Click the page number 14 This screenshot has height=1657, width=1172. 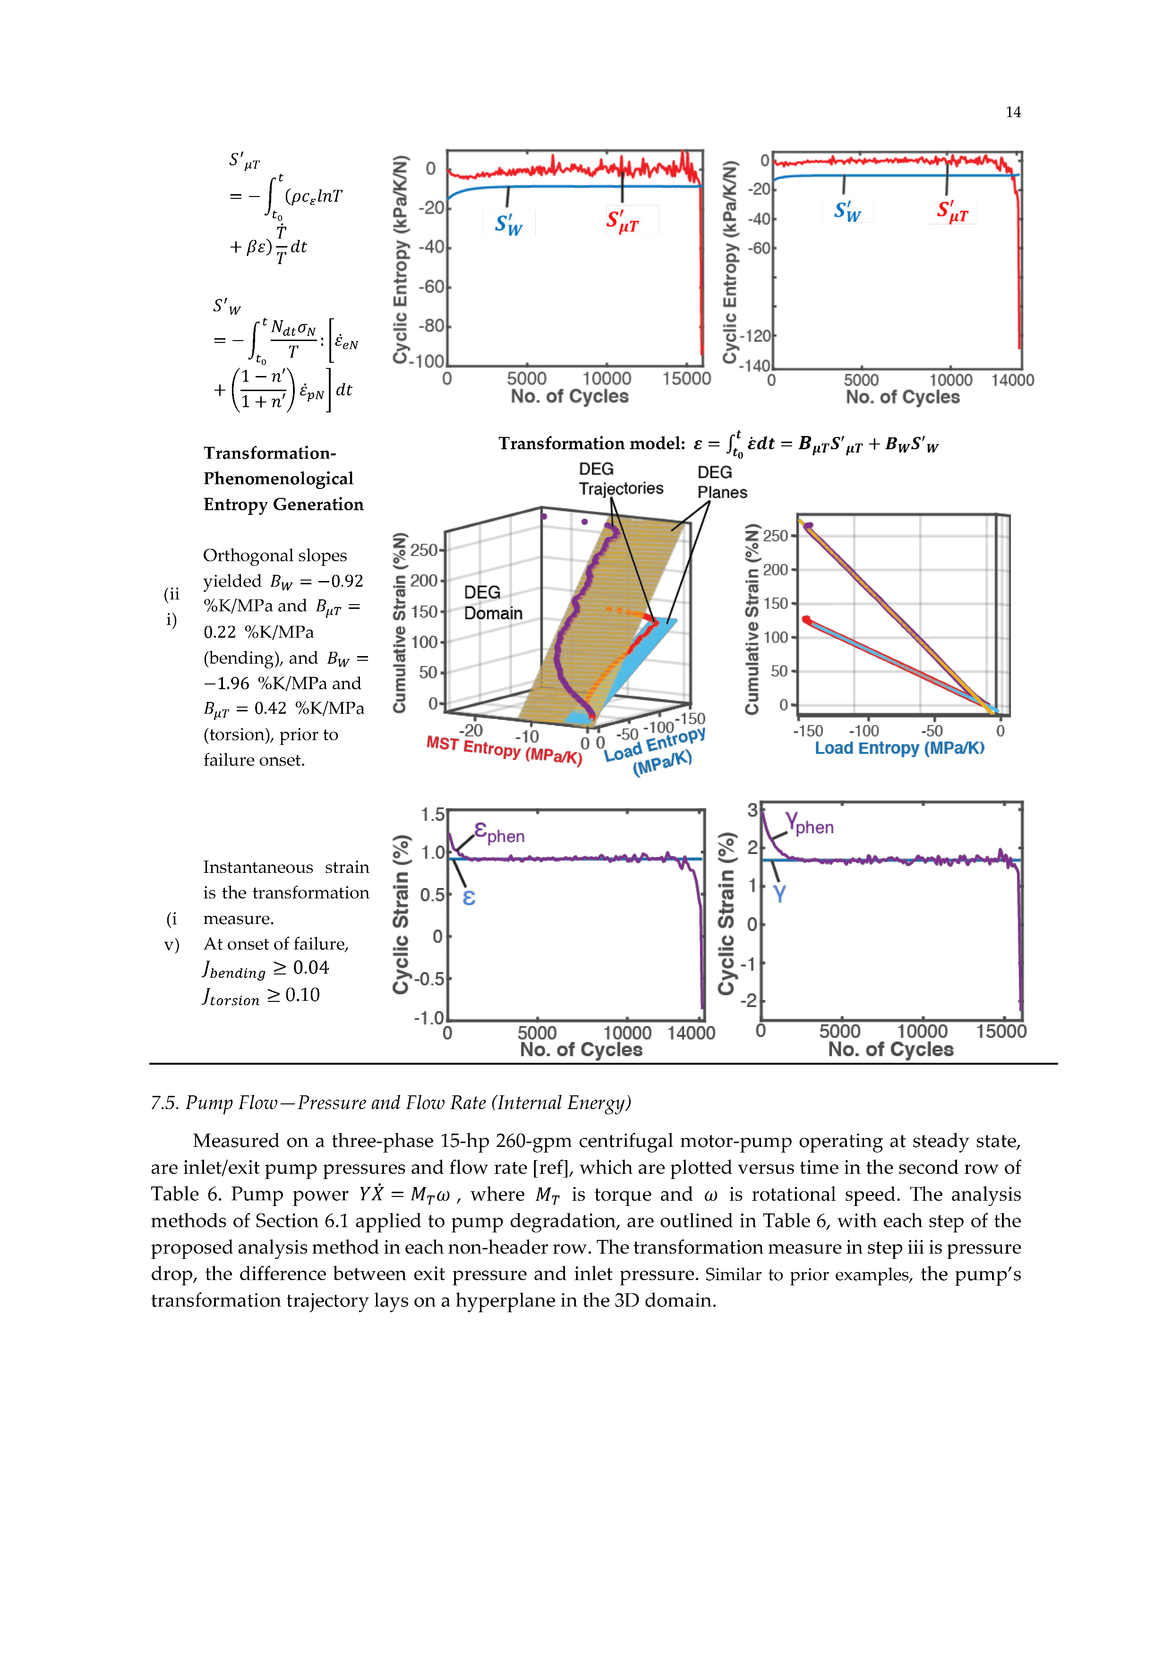(1012, 112)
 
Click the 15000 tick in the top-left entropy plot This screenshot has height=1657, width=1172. (686, 379)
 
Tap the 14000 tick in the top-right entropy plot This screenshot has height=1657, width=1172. (1012, 380)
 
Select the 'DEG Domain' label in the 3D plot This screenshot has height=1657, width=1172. (493, 603)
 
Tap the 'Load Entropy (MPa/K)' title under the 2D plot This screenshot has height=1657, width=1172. (899, 748)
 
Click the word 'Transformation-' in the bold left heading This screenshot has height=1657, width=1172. (269, 453)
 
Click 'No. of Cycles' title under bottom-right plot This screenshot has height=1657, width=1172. (890, 1050)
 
